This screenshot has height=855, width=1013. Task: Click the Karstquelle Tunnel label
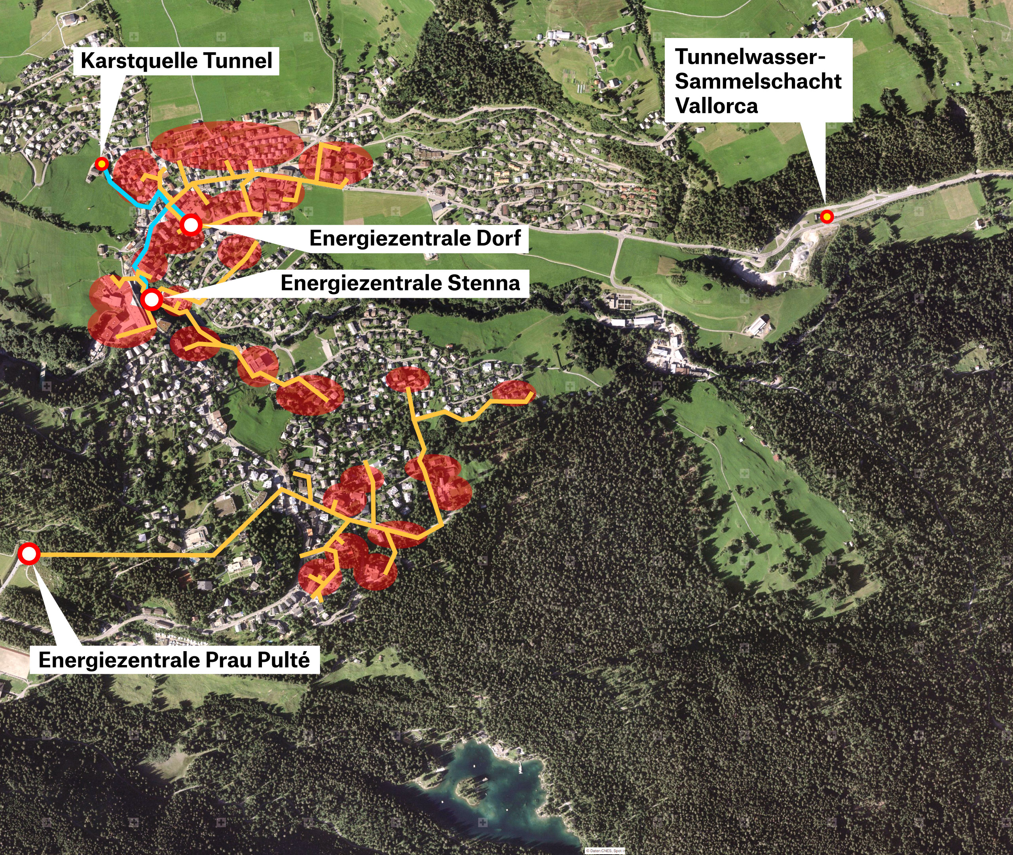tap(176, 61)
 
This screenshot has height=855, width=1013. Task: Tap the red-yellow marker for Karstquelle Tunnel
tap(101, 164)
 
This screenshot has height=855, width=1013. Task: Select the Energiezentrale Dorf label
tap(415, 238)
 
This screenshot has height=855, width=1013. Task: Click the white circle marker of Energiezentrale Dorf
tap(191, 224)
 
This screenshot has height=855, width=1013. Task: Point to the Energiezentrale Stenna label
tap(400, 283)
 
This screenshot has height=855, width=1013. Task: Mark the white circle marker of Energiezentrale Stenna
tap(152, 300)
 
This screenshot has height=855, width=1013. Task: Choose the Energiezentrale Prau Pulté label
tap(174, 660)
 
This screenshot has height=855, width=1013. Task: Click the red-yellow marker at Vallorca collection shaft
tap(827, 217)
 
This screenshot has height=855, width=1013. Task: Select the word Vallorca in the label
tap(716, 106)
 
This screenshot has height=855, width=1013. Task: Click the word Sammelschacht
tap(758, 82)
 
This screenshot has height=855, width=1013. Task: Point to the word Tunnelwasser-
tap(750, 57)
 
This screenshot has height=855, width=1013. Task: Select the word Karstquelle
tap(138, 61)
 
